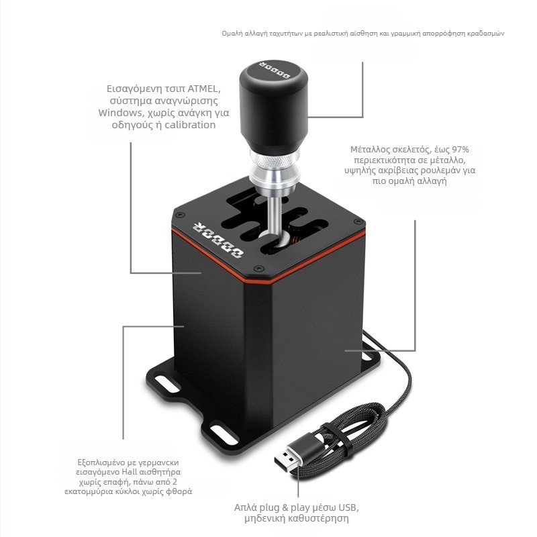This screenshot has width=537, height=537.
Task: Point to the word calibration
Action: pos(190,125)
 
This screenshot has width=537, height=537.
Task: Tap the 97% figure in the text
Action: pos(460,150)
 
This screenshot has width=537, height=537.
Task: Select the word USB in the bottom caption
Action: pos(347,507)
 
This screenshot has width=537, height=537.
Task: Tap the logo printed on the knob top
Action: pos(275,70)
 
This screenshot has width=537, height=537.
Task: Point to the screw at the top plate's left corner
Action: pos(179,215)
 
